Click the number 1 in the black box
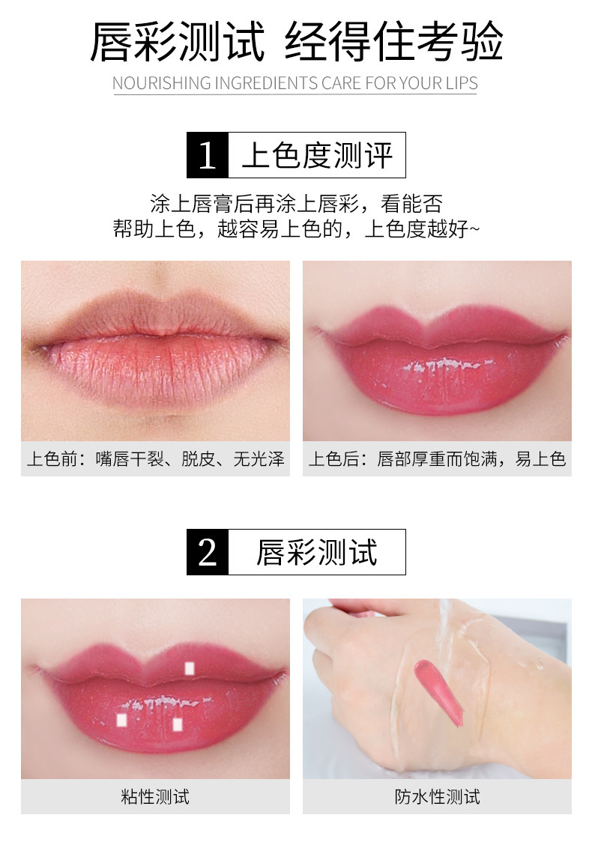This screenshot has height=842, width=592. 208,155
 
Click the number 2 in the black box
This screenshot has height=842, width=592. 208,552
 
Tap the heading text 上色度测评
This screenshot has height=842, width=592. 317,155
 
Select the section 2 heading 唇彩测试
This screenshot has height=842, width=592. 317,552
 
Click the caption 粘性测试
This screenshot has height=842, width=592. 155,796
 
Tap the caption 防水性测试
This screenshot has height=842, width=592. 438,796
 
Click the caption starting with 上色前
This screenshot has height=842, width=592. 155,458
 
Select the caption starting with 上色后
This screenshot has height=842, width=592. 438,458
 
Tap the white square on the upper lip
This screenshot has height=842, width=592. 189,668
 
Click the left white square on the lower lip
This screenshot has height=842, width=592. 122,720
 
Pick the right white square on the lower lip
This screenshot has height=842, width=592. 178,724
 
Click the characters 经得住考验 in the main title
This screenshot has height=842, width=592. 393,41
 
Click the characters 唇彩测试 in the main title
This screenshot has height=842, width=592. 178,41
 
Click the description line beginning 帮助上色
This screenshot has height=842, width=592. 296,228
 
